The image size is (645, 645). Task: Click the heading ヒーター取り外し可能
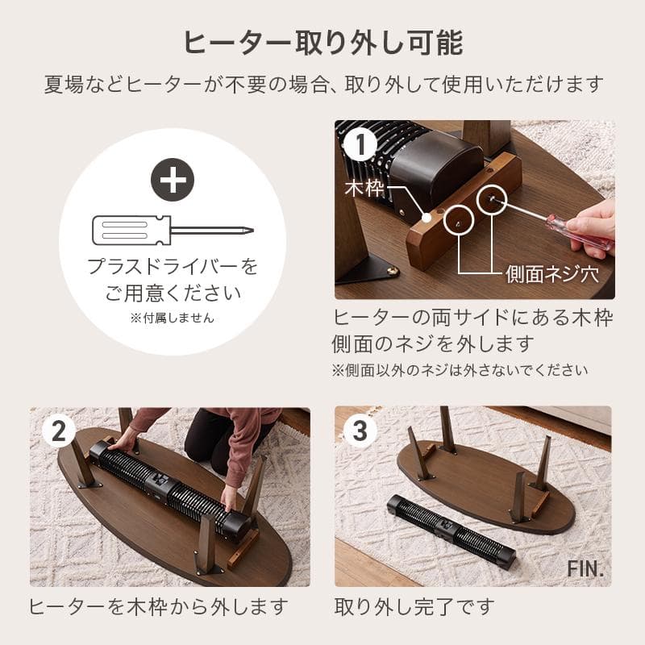323,42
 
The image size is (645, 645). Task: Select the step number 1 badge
360,145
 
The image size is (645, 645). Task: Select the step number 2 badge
56,431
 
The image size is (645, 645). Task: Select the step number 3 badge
360,431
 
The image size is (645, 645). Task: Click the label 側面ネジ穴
552,273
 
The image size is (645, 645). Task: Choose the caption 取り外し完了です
414,606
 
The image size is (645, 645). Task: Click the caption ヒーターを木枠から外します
158,606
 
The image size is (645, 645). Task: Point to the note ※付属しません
172,318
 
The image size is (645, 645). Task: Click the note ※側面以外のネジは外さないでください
460,370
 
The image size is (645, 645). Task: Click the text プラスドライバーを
173,266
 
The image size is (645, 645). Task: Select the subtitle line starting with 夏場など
323,84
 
